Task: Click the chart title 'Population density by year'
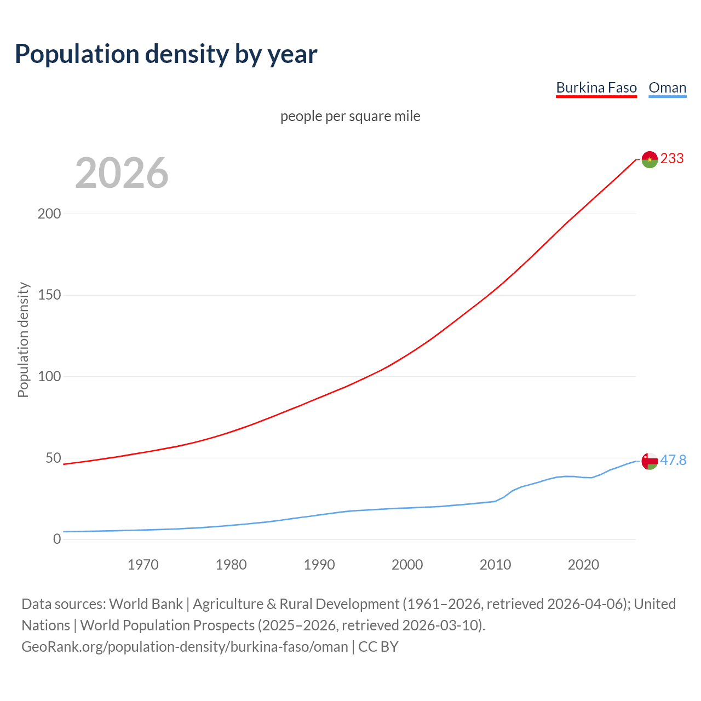click(166, 54)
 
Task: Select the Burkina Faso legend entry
click(596, 88)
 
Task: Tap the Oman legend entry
click(667, 88)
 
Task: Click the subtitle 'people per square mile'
click(350, 116)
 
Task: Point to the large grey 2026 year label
click(122, 173)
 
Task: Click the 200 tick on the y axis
click(49, 214)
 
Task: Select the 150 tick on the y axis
click(49, 295)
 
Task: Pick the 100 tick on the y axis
click(49, 377)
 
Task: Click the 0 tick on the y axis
click(57, 539)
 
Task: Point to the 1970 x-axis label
click(143, 565)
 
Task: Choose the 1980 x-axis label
click(231, 565)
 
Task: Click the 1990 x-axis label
click(319, 565)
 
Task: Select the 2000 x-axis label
click(407, 565)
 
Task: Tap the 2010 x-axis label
click(495, 565)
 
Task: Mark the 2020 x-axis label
click(583, 565)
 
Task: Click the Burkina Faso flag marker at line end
click(650, 159)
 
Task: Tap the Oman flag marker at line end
click(650, 461)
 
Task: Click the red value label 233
click(672, 159)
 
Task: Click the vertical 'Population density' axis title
click(23, 340)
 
